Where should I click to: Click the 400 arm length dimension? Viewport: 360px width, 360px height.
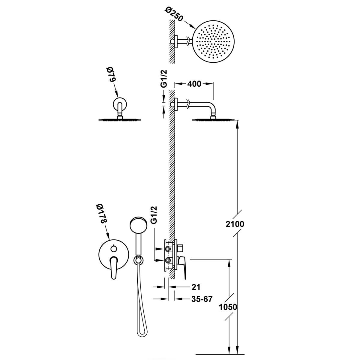pos(194,84)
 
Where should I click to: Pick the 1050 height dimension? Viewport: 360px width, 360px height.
pos(228,307)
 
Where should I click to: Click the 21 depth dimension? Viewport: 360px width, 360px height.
pos(196,287)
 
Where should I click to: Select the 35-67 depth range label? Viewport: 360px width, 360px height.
pos(202,299)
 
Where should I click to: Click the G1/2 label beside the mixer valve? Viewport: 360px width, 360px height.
pos(154,215)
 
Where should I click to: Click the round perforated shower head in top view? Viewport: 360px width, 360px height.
pos(214,42)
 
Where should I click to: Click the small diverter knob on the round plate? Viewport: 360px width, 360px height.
pos(113,248)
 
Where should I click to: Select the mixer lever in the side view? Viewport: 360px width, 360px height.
pos(182,266)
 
